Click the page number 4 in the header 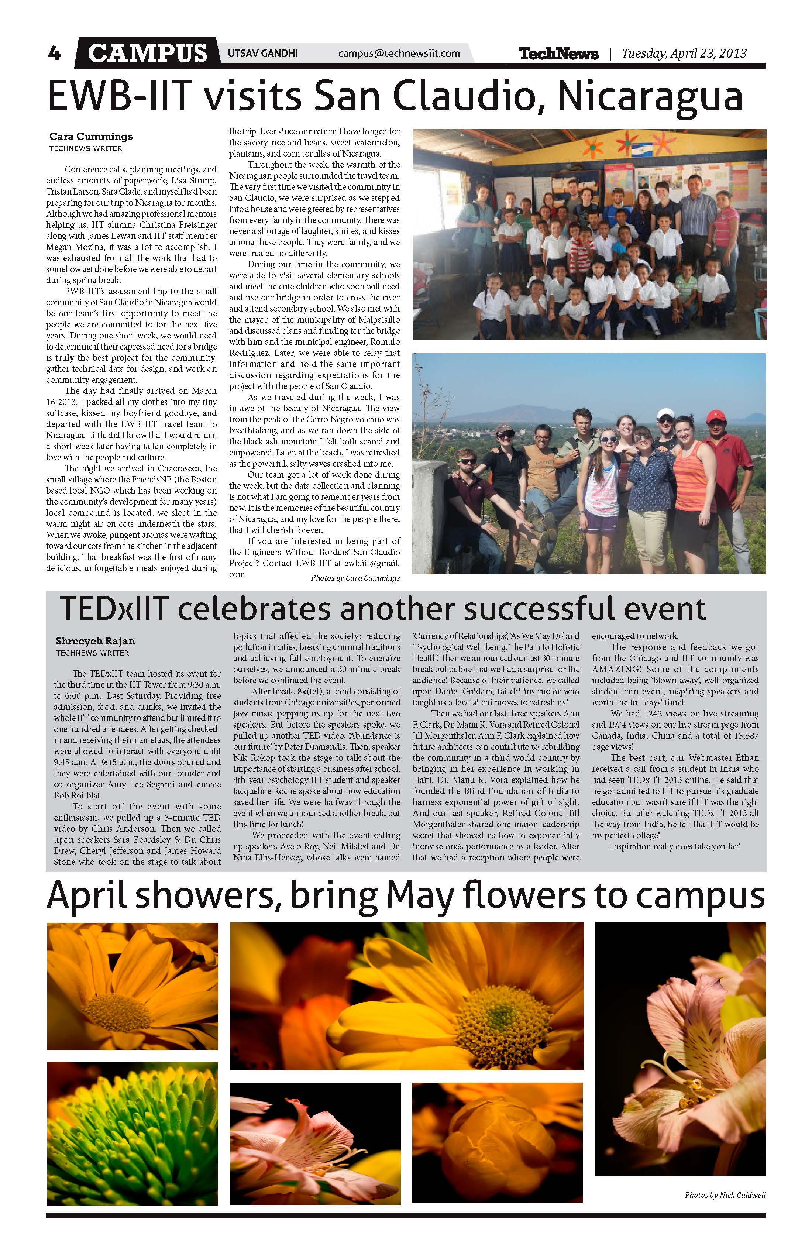point(54,53)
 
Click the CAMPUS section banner point(147,53)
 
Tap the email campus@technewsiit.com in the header point(399,53)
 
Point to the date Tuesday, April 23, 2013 point(684,53)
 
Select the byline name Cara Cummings point(91,137)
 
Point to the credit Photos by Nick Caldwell point(725,1195)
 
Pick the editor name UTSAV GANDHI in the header point(262,53)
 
